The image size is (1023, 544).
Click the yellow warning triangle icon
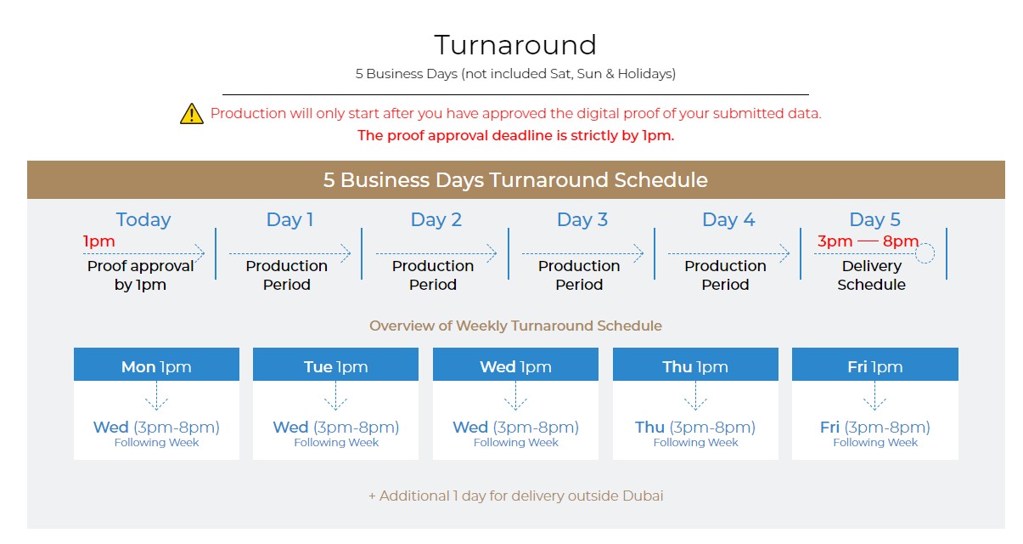click(x=192, y=113)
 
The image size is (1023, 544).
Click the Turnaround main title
click(x=515, y=45)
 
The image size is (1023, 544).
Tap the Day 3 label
click(x=582, y=219)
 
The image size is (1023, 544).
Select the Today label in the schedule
click(x=143, y=219)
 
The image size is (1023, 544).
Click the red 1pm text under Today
click(x=98, y=241)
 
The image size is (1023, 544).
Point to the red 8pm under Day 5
click(x=900, y=241)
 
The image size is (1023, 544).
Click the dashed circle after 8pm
click(x=925, y=253)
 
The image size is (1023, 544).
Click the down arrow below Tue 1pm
click(x=335, y=396)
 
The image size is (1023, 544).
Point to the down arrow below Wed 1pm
click(x=515, y=396)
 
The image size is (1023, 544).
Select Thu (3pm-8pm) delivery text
click(x=695, y=428)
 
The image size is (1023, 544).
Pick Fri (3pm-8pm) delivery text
click(x=875, y=428)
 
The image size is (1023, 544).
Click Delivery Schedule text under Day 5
click(x=871, y=275)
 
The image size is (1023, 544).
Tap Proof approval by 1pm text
click(x=140, y=275)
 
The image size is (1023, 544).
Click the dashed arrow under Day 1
click(x=290, y=253)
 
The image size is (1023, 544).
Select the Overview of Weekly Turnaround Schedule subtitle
click(x=515, y=326)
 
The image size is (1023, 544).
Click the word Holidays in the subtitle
click(x=645, y=74)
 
